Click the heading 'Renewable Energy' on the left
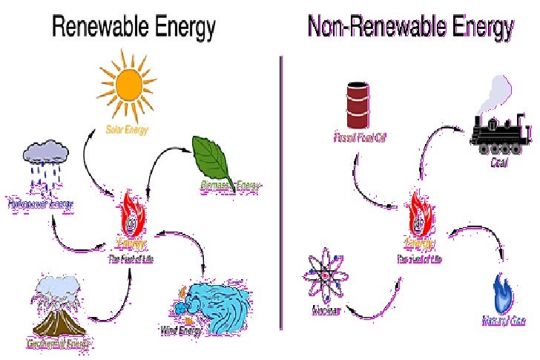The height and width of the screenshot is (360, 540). coord(134,27)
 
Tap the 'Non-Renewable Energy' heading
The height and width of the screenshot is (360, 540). coord(410,27)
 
